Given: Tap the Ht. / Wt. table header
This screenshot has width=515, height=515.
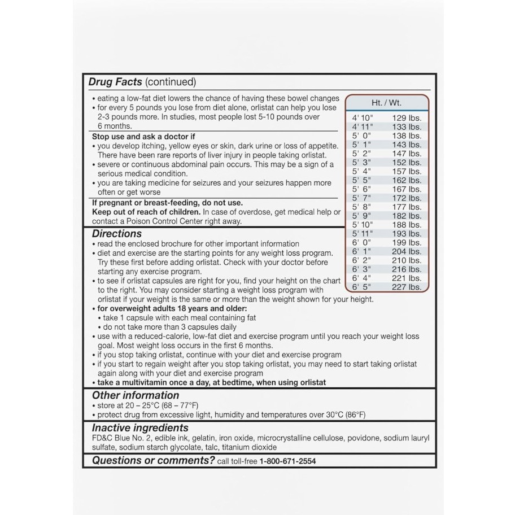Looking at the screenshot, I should [386, 103].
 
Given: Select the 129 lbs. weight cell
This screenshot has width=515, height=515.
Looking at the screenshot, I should [407, 118].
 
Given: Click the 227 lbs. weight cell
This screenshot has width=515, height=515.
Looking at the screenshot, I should [407, 287].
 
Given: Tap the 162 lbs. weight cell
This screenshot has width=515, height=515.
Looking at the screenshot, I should [407, 181].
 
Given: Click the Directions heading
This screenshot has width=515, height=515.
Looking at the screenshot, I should [117, 233].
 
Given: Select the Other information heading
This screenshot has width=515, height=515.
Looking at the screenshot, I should [136, 395].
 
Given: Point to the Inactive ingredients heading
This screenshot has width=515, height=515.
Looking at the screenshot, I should [140, 427].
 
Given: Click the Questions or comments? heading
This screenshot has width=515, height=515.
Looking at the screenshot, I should [153, 460].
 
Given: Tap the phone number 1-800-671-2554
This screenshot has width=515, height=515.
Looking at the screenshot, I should [287, 461].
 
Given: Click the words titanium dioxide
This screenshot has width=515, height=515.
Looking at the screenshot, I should [246, 447].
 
